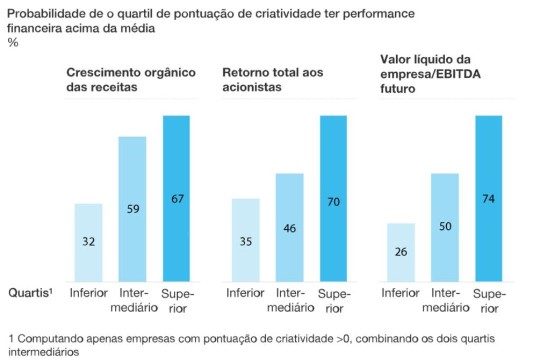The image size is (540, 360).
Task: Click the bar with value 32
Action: coord(89,242)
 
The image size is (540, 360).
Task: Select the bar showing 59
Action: coord(132,209)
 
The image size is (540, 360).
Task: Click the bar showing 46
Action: coord(290,227)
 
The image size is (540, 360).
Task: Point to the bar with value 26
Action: coord(401,252)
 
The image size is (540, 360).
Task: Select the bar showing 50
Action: coord(445,227)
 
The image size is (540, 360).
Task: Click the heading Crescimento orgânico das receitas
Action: coord(130,80)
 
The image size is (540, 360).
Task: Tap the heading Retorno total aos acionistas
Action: coord(273,80)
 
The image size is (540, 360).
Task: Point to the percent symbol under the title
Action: coord(13,43)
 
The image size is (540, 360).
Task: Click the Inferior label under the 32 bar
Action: coord(89,293)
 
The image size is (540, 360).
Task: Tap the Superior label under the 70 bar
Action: coord(334,300)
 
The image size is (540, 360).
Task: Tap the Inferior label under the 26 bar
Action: coord(401,293)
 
